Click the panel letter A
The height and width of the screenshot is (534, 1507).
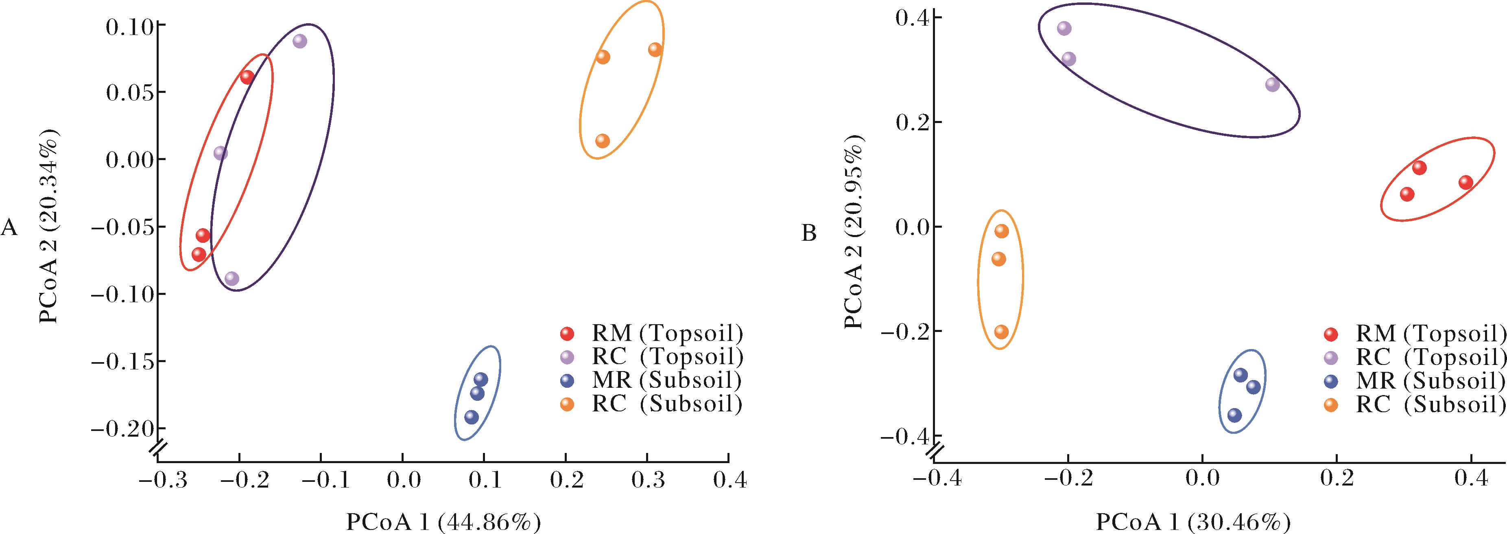[9, 228]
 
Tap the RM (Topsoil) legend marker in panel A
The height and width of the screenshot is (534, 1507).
[568, 333]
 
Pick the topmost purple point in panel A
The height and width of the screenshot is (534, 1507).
[299, 41]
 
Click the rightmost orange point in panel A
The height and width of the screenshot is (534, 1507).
[655, 50]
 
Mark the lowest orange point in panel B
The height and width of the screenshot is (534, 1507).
[1002, 332]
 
